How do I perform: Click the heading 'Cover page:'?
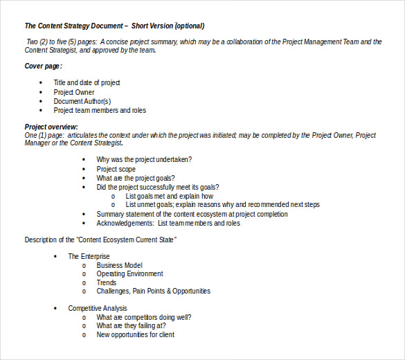[43, 66]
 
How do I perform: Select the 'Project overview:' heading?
[51, 127]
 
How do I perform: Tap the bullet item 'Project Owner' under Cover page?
[74, 92]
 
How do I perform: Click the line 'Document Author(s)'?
[82, 101]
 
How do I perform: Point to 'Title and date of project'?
[87, 83]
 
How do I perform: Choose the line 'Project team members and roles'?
[100, 110]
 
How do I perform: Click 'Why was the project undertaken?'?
[144, 160]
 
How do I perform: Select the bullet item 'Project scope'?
[116, 169]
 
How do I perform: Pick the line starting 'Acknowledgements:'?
[168, 223]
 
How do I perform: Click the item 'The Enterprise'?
[89, 256]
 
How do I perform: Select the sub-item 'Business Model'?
[119, 265]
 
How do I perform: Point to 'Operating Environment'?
[129, 274]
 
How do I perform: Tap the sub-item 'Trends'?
[107, 282]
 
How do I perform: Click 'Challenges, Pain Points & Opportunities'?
[153, 291]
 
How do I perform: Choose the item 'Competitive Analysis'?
[97, 308]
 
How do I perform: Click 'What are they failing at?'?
[131, 325]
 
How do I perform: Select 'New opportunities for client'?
[135, 334]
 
